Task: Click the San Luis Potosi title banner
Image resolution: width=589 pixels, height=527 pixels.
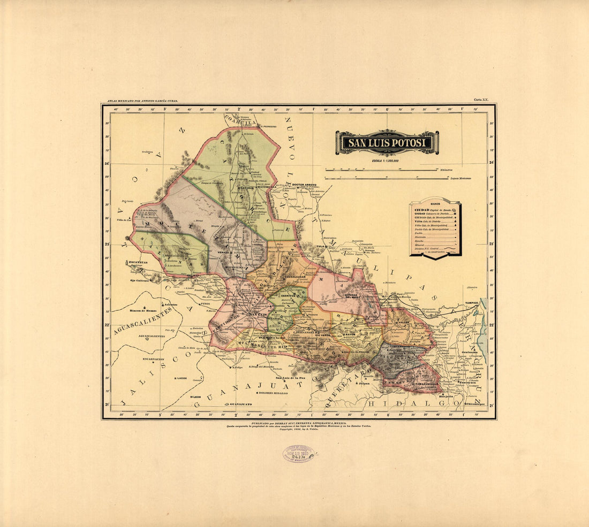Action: tap(387, 143)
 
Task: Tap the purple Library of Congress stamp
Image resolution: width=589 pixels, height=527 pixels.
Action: tap(299, 454)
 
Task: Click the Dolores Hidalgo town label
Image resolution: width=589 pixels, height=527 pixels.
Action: tap(274, 393)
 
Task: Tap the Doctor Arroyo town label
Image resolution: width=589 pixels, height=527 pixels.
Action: tap(304, 185)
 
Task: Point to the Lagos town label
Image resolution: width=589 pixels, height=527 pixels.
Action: tap(180, 378)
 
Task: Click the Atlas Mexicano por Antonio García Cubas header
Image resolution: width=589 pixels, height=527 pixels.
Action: tap(142, 101)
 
